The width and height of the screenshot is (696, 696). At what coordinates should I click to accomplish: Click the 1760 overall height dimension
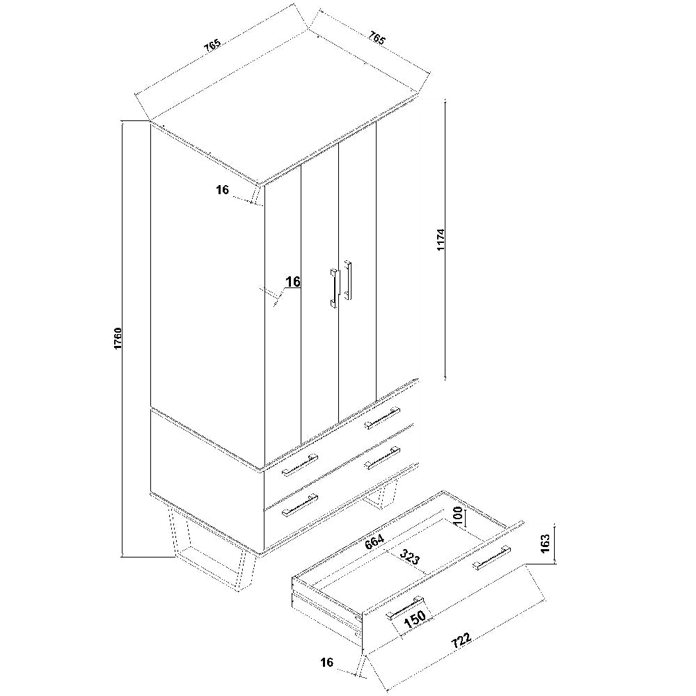coord(118,338)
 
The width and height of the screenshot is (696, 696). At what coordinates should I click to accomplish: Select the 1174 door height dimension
coord(441,239)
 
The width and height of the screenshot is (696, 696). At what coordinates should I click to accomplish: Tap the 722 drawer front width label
coord(461,640)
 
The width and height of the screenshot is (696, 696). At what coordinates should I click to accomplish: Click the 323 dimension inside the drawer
coord(409,557)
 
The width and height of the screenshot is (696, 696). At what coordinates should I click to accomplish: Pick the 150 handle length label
coord(415,618)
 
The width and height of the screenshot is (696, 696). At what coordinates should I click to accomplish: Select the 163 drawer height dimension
coord(545,542)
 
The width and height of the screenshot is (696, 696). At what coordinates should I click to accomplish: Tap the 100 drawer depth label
coord(459,516)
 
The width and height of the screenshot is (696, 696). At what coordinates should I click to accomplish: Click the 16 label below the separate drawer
coord(326,663)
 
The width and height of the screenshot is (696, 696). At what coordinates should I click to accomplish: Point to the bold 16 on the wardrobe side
coord(293,281)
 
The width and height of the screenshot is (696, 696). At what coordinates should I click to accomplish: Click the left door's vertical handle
coord(333,287)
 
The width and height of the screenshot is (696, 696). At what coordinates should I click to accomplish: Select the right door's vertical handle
coord(347,280)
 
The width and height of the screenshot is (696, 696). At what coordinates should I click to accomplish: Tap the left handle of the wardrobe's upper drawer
coord(299,464)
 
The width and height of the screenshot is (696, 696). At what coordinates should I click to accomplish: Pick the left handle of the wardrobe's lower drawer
coord(299,505)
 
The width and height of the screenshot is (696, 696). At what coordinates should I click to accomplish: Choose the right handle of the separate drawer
coord(491,557)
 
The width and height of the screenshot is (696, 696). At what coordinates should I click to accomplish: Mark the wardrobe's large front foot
coord(209,551)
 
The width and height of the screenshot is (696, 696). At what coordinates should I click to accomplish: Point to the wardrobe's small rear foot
coord(380,496)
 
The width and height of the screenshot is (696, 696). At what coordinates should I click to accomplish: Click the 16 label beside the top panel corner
coord(223,190)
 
